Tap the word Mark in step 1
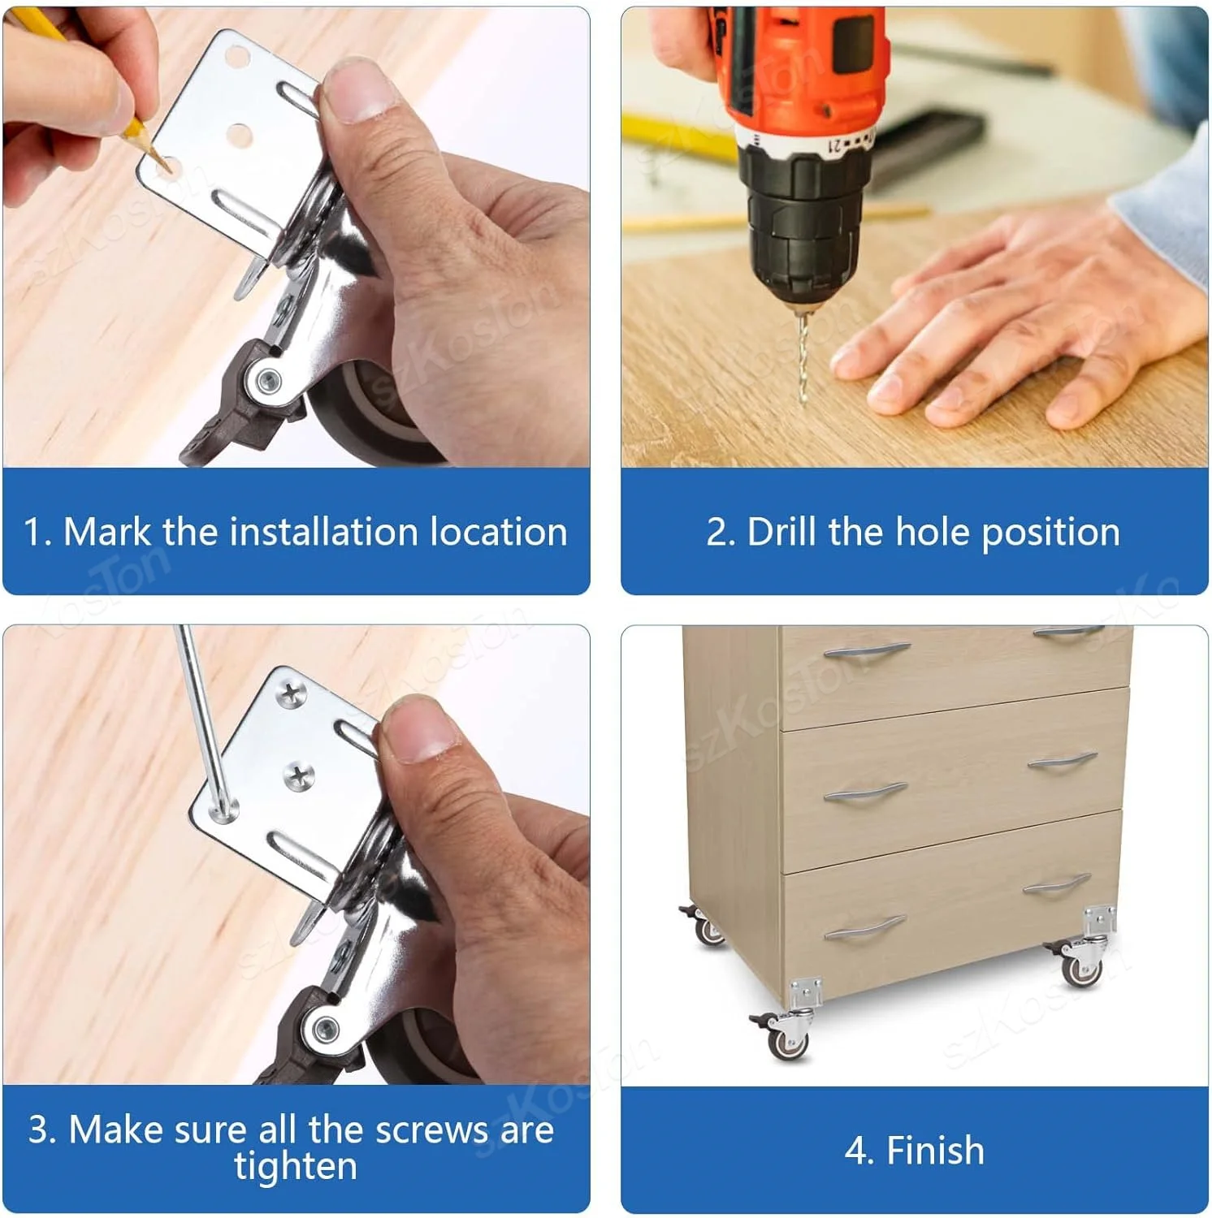pos(107,532)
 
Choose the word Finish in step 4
pos(935,1151)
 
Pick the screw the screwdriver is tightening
pos(222,809)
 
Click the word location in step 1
pos(498,532)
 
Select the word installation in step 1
pos(323,532)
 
